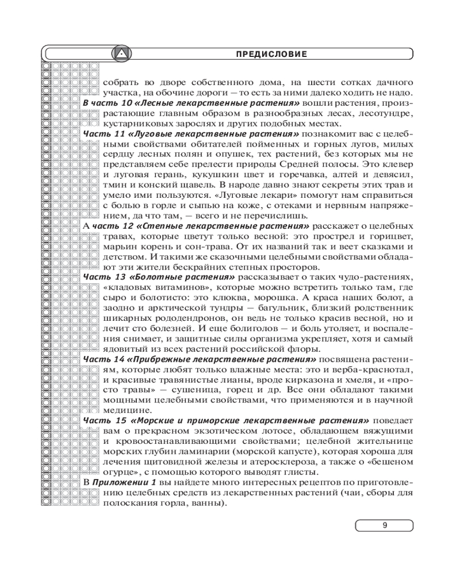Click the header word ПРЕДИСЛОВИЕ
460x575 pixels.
[271, 54]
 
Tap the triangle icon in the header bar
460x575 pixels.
[121, 54]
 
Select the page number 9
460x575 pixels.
[384, 525]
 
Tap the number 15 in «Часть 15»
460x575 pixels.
[119, 420]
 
